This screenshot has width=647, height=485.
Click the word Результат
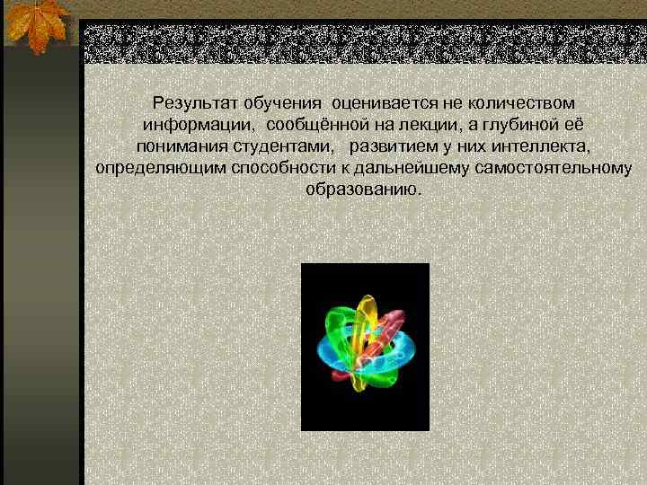[x=191, y=103]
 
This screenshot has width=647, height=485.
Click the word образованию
[x=362, y=190]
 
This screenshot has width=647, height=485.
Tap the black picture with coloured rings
[x=365, y=347]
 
